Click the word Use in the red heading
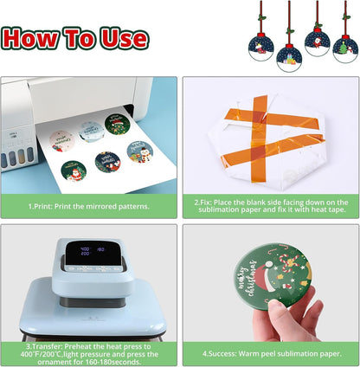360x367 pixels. coord(125,38)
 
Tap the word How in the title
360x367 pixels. coord(30,38)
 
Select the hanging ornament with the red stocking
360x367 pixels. coord(261,48)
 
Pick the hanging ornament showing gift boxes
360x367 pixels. coord(289,58)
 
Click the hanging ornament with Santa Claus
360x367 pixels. coord(318,42)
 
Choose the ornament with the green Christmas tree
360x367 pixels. coord(345,49)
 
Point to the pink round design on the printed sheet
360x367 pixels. coord(61,141)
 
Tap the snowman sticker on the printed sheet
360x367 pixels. coord(140,151)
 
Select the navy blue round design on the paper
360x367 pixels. coord(107,162)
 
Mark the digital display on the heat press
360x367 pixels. coord(93,253)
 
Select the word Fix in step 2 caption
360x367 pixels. coord(205,203)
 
